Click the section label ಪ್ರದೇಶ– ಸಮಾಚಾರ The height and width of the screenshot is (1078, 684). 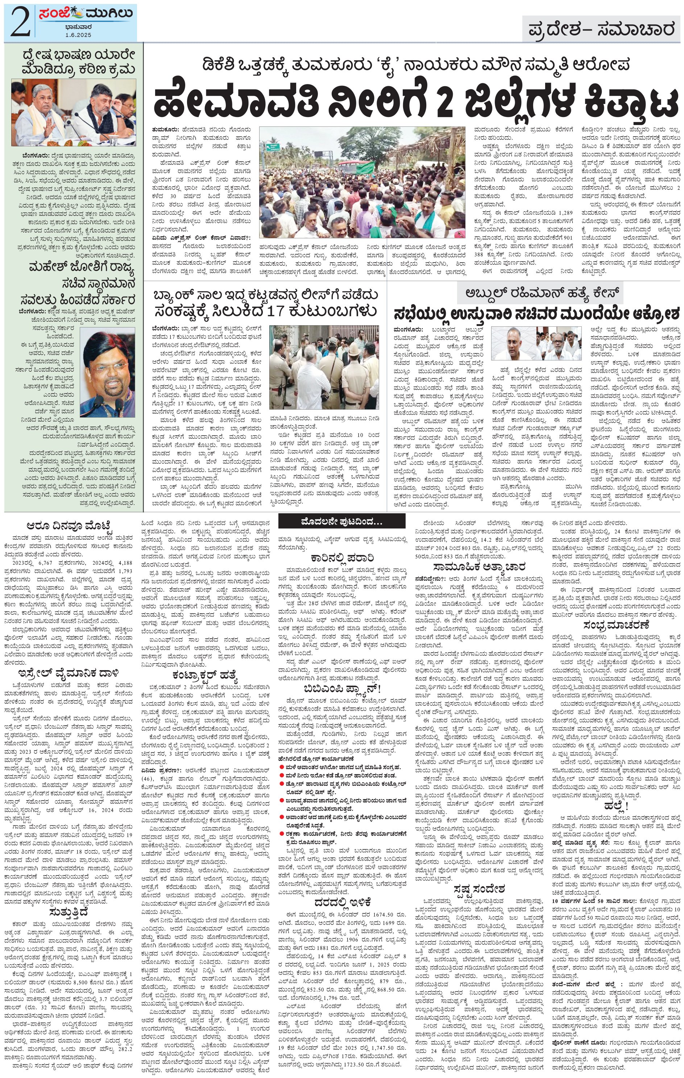point(601,30)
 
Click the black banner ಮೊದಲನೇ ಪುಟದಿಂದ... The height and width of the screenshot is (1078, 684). point(341,522)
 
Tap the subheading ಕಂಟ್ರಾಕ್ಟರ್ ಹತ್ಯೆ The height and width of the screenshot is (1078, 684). point(203,676)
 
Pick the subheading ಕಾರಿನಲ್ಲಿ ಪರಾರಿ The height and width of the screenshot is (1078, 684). point(342,558)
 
